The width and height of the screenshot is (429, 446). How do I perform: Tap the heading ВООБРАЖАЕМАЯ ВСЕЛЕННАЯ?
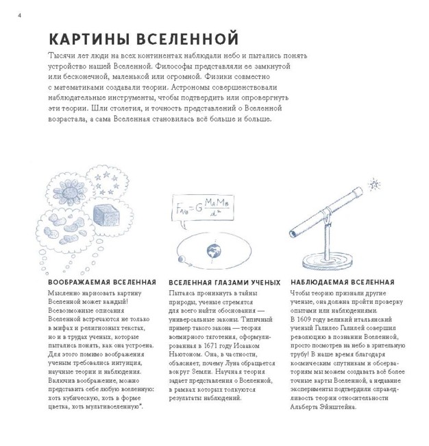click(x=102, y=282)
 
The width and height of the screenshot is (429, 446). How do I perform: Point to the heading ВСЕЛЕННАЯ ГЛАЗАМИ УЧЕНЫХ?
click(x=223, y=282)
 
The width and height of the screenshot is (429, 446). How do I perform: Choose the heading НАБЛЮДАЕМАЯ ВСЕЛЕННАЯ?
click(x=342, y=282)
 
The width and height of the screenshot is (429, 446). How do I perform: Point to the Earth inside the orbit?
click(x=214, y=250)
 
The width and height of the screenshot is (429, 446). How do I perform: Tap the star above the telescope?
click(x=373, y=185)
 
